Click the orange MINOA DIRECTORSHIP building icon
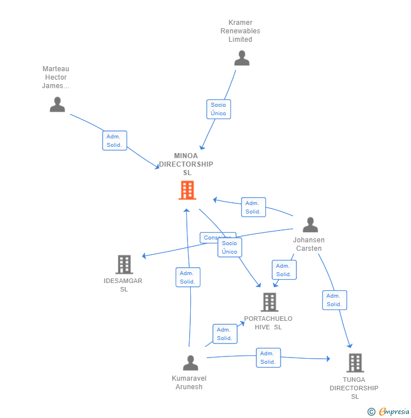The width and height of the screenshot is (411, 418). pyautogui.click(x=187, y=190)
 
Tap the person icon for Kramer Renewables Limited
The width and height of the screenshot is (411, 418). pyautogui.click(x=242, y=58)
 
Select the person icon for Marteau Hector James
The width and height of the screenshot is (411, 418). pyautogui.click(x=57, y=104)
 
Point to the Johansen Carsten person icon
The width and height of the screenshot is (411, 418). pyautogui.click(x=310, y=225)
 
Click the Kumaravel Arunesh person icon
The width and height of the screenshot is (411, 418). pyautogui.click(x=191, y=363)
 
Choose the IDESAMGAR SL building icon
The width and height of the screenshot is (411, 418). pyautogui.click(x=124, y=264)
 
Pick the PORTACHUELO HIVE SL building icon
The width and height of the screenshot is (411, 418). pyautogui.click(x=269, y=302)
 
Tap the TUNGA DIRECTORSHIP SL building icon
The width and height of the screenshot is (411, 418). pyautogui.click(x=355, y=363)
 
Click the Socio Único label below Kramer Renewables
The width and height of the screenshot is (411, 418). pyautogui.click(x=218, y=109)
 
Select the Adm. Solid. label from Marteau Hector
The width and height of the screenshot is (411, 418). pyautogui.click(x=115, y=141)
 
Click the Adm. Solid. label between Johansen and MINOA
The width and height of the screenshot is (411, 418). pyautogui.click(x=253, y=207)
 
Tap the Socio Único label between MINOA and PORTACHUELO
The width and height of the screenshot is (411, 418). pyautogui.click(x=230, y=247)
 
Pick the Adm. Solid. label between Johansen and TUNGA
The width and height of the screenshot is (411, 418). pyautogui.click(x=334, y=300)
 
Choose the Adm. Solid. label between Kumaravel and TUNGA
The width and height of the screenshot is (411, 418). pyautogui.click(x=268, y=358)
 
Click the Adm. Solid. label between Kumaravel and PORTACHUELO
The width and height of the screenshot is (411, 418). pyautogui.click(x=225, y=334)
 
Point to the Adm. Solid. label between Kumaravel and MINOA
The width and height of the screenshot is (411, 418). pyautogui.click(x=187, y=277)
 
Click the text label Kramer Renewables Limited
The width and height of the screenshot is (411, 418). pyautogui.click(x=241, y=31)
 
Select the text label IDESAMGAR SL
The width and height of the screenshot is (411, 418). pyautogui.click(x=123, y=285)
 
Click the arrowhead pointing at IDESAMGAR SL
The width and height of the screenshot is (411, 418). pyautogui.click(x=145, y=256)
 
